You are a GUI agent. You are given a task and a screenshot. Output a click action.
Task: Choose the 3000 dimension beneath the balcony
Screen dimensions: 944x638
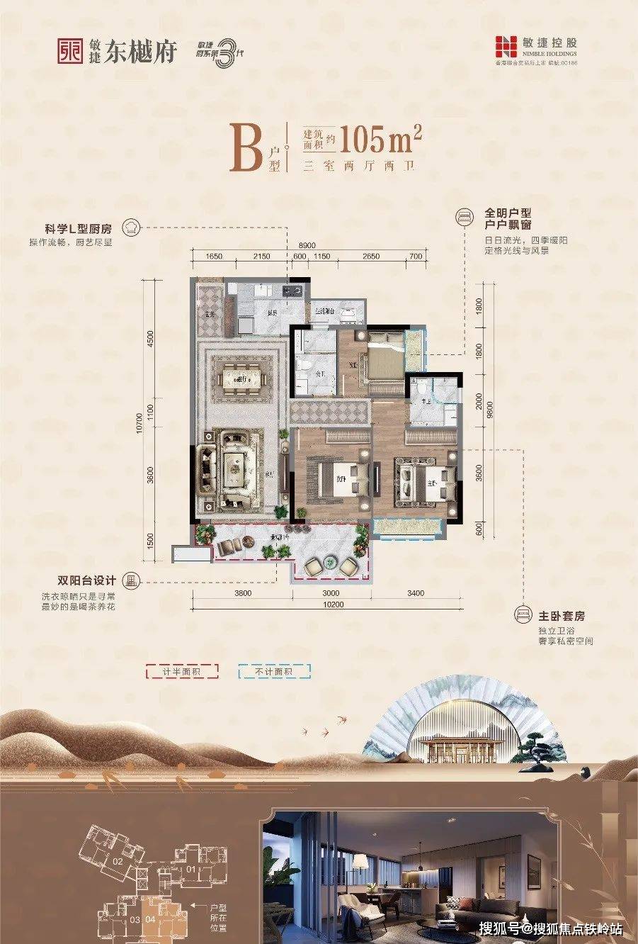click(x=331, y=593)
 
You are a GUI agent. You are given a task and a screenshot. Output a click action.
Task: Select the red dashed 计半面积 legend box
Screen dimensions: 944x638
click(x=182, y=671)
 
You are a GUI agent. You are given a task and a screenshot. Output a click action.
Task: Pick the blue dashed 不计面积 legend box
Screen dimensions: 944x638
click(x=274, y=671)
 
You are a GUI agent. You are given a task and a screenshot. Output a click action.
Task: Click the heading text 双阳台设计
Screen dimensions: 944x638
click(x=89, y=580)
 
